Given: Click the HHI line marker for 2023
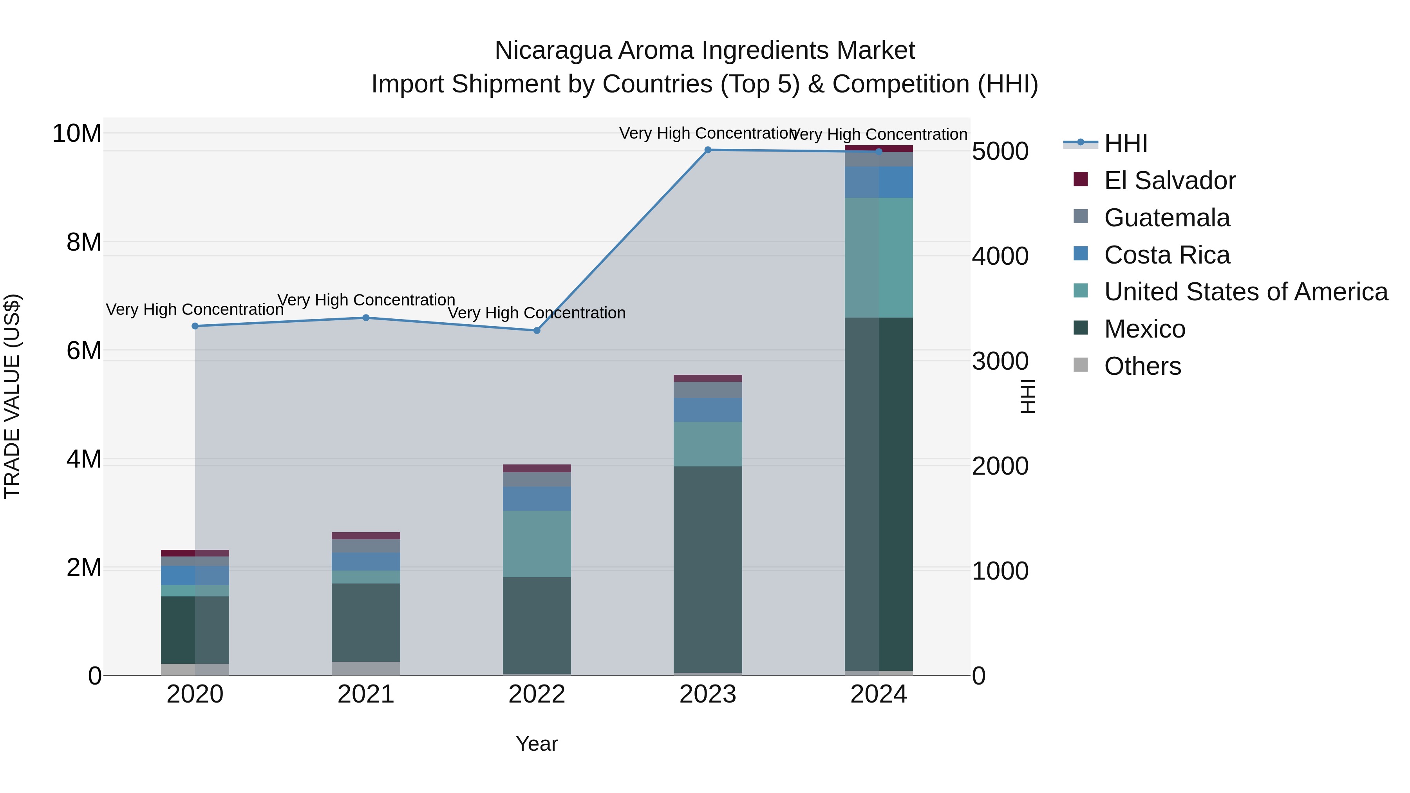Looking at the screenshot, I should tap(708, 150).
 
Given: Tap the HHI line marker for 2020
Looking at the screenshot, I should tap(195, 326).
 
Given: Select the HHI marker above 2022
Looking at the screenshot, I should tap(537, 331).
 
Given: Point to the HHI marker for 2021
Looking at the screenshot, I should tap(366, 318).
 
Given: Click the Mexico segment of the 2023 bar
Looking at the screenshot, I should tap(708, 569).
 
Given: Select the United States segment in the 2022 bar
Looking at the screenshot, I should tap(537, 544).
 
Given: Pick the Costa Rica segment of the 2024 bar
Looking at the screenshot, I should tap(879, 182).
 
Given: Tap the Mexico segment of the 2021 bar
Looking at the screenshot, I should tap(366, 622).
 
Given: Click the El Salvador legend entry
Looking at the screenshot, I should tap(1169, 181).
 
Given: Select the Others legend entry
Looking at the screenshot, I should tap(1142, 366).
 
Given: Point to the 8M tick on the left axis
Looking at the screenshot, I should tap(84, 242).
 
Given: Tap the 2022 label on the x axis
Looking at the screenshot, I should tap(537, 694).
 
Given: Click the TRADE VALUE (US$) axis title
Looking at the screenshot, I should tap(12, 397).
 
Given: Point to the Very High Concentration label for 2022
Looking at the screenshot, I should tap(537, 313).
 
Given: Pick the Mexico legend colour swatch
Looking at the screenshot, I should tap(1081, 328).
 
